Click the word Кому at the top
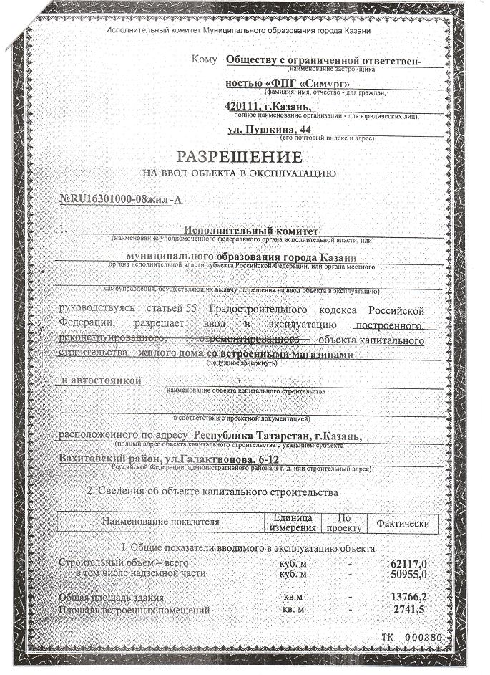tap(205, 57)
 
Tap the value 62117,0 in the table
tap(410, 563)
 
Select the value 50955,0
tap(410, 574)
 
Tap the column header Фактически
tap(402, 524)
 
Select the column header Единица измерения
tap(293, 522)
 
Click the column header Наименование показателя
tap(160, 522)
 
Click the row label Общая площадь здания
tap(112, 597)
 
